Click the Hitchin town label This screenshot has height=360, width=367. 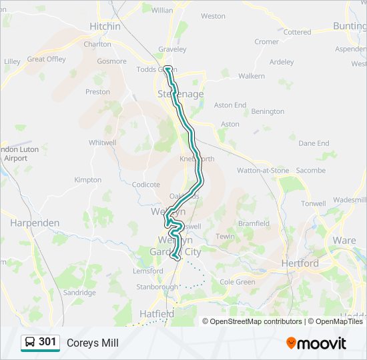[105, 27]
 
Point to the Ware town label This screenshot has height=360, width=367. [344, 240]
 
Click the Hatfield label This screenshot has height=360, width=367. [157, 313]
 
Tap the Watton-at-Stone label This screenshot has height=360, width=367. [264, 171]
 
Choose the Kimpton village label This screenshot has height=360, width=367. [87, 180]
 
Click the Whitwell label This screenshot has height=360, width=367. [102, 143]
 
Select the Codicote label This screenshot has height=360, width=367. [146, 185]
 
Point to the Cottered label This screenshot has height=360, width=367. [297, 32]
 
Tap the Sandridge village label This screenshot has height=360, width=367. [79, 293]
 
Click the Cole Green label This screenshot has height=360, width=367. [238, 282]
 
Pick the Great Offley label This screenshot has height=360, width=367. [46, 59]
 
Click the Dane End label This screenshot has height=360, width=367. [314, 143]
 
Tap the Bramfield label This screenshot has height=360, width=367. [254, 224]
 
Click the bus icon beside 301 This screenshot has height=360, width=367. [30, 343]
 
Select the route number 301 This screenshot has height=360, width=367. [48, 342]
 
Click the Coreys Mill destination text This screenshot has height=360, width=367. [92, 343]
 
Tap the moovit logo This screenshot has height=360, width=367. [316, 343]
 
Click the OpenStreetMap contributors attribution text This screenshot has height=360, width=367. [256, 321]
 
